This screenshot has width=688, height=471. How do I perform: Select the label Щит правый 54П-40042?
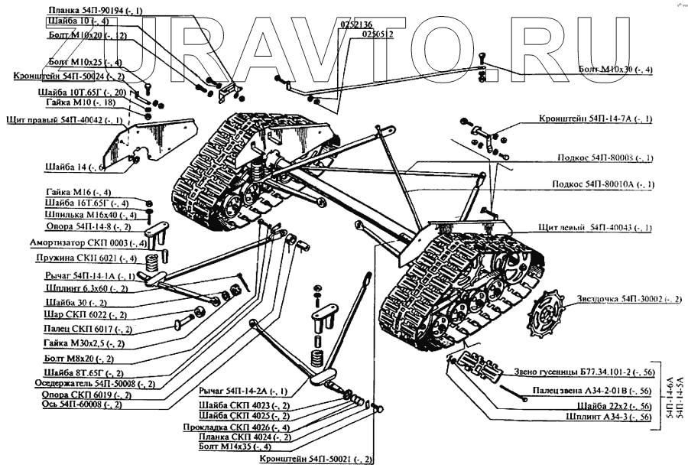coord(64,121)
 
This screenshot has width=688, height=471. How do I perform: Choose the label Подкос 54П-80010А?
coord(604,184)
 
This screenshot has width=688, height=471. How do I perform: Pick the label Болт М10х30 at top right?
coord(615,70)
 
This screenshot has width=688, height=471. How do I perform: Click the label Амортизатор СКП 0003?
coord(87,244)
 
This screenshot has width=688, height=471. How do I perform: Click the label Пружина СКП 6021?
coord(89,259)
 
